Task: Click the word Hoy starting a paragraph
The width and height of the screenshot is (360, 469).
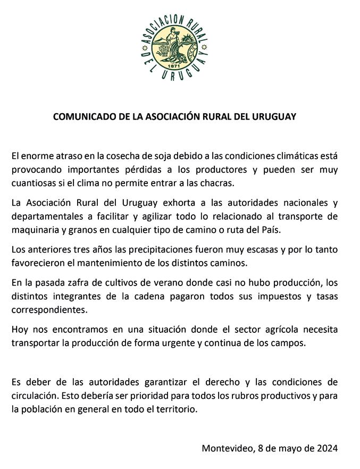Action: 20,330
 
